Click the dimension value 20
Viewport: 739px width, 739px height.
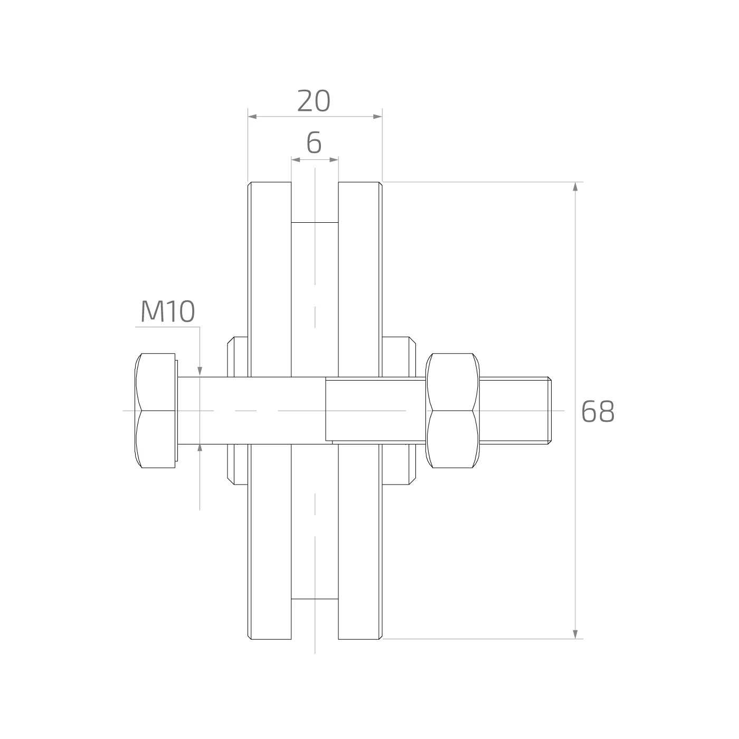pyautogui.click(x=314, y=101)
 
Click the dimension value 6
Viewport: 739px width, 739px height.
pyautogui.click(x=314, y=143)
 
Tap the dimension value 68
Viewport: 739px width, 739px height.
pyautogui.click(x=598, y=412)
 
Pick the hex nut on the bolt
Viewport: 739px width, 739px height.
pyautogui.click(x=452, y=410)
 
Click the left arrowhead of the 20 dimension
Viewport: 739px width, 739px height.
pyautogui.click(x=252, y=116)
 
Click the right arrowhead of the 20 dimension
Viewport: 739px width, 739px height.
pyautogui.click(x=378, y=116)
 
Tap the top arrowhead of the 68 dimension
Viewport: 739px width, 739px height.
pyautogui.click(x=575, y=186)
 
